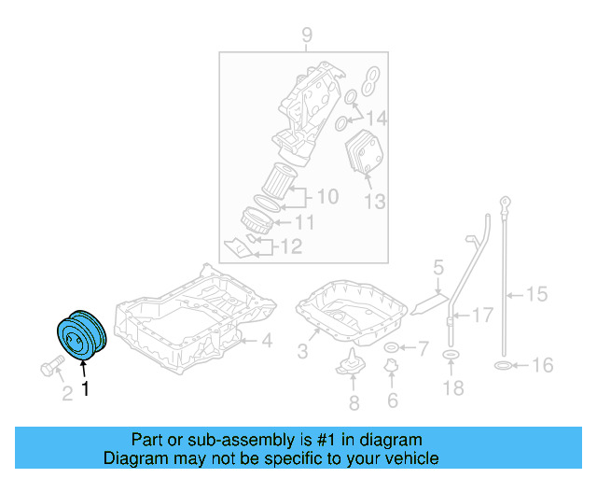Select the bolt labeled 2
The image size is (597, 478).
click(x=52, y=366)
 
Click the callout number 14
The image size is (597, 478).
click(x=375, y=119)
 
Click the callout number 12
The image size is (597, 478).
click(x=291, y=246)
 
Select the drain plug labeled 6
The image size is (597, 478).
click(x=392, y=374)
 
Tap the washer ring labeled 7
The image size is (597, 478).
click(x=392, y=349)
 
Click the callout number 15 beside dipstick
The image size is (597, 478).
click(x=536, y=295)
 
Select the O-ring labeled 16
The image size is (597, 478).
click(x=502, y=365)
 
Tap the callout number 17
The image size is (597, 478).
click(x=482, y=316)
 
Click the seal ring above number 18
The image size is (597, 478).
click(x=451, y=356)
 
